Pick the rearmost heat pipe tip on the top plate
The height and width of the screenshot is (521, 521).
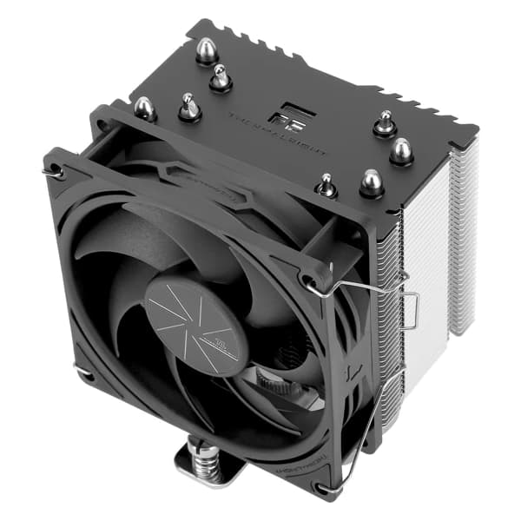tap(206, 50)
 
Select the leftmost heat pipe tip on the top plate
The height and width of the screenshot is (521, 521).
tap(144, 109)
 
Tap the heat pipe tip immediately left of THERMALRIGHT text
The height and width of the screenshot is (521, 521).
tap(221, 79)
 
